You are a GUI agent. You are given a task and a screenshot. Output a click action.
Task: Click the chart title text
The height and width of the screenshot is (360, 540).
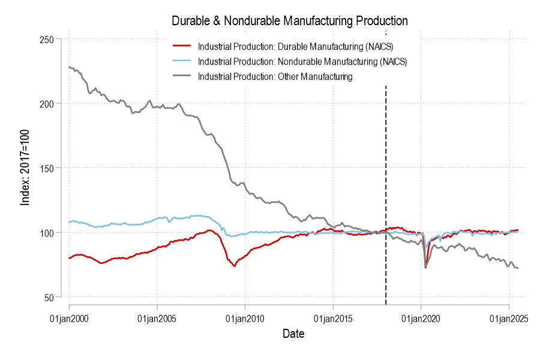pos(290,20)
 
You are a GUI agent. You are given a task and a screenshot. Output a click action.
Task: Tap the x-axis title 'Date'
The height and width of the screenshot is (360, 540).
pos(293,334)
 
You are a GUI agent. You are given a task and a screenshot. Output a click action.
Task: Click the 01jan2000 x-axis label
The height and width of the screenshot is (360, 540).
pos(70,318)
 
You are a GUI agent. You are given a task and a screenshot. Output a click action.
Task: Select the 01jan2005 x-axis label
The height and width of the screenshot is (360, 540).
pos(157,318)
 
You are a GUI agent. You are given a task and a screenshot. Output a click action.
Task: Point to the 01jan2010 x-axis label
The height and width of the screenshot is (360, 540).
pos(245,318)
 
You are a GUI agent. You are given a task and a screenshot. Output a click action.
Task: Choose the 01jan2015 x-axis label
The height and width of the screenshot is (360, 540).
pos(333,318)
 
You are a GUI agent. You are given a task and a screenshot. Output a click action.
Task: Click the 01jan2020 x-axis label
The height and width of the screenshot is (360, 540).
pos(421,318)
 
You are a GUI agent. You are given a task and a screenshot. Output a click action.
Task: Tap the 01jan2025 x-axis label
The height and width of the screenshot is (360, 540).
pos(509,318)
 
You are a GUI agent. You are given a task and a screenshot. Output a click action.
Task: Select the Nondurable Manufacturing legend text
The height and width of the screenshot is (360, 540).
pos(302,61)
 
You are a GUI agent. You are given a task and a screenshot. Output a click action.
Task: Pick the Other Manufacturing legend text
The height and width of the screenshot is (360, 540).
pos(275,77)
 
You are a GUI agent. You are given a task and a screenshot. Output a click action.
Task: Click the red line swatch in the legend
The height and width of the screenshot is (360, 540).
pos(181,46)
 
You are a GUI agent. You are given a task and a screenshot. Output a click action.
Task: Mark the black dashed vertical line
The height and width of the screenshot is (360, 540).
pos(386,192)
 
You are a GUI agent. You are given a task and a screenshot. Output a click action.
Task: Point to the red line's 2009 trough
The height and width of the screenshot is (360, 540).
pos(234,266)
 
